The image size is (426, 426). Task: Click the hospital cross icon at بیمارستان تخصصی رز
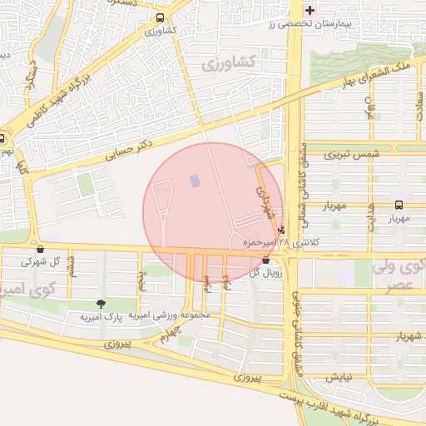coord(310,11)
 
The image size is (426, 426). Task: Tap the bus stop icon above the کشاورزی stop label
coord(160,17)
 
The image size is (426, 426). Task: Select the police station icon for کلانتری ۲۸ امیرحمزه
coord(282,230)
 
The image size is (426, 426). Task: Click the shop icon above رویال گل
coord(265,260)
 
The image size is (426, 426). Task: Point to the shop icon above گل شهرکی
coord(40,249)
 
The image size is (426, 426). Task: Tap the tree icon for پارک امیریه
coord(102,305)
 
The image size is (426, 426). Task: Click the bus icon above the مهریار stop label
coord(399,205)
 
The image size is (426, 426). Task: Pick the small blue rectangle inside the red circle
coord(195,181)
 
